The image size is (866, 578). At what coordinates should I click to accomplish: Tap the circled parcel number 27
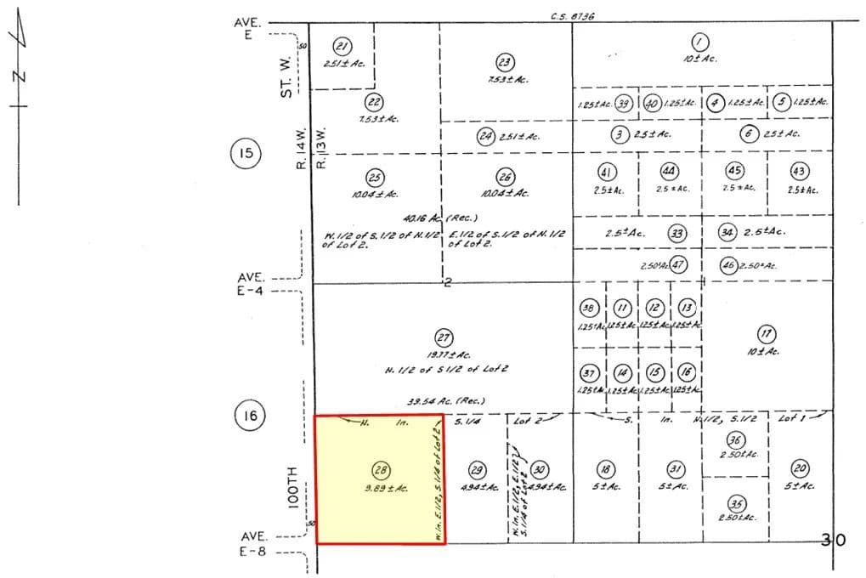click(x=442, y=337)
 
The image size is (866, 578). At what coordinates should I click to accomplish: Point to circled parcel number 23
click(x=505, y=62)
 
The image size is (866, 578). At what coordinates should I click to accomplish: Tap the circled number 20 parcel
click(x=800, y=468)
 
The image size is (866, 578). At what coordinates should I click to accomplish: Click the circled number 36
click(x=736, y=439)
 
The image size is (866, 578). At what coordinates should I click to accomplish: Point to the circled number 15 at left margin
click(x=245, y=154)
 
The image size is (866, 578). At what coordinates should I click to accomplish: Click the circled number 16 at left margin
click(x=247, y=416)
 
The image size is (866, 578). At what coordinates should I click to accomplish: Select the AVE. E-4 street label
click(x=253, y=284)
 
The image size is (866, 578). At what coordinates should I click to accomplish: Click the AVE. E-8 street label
click(x=254, y=543)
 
